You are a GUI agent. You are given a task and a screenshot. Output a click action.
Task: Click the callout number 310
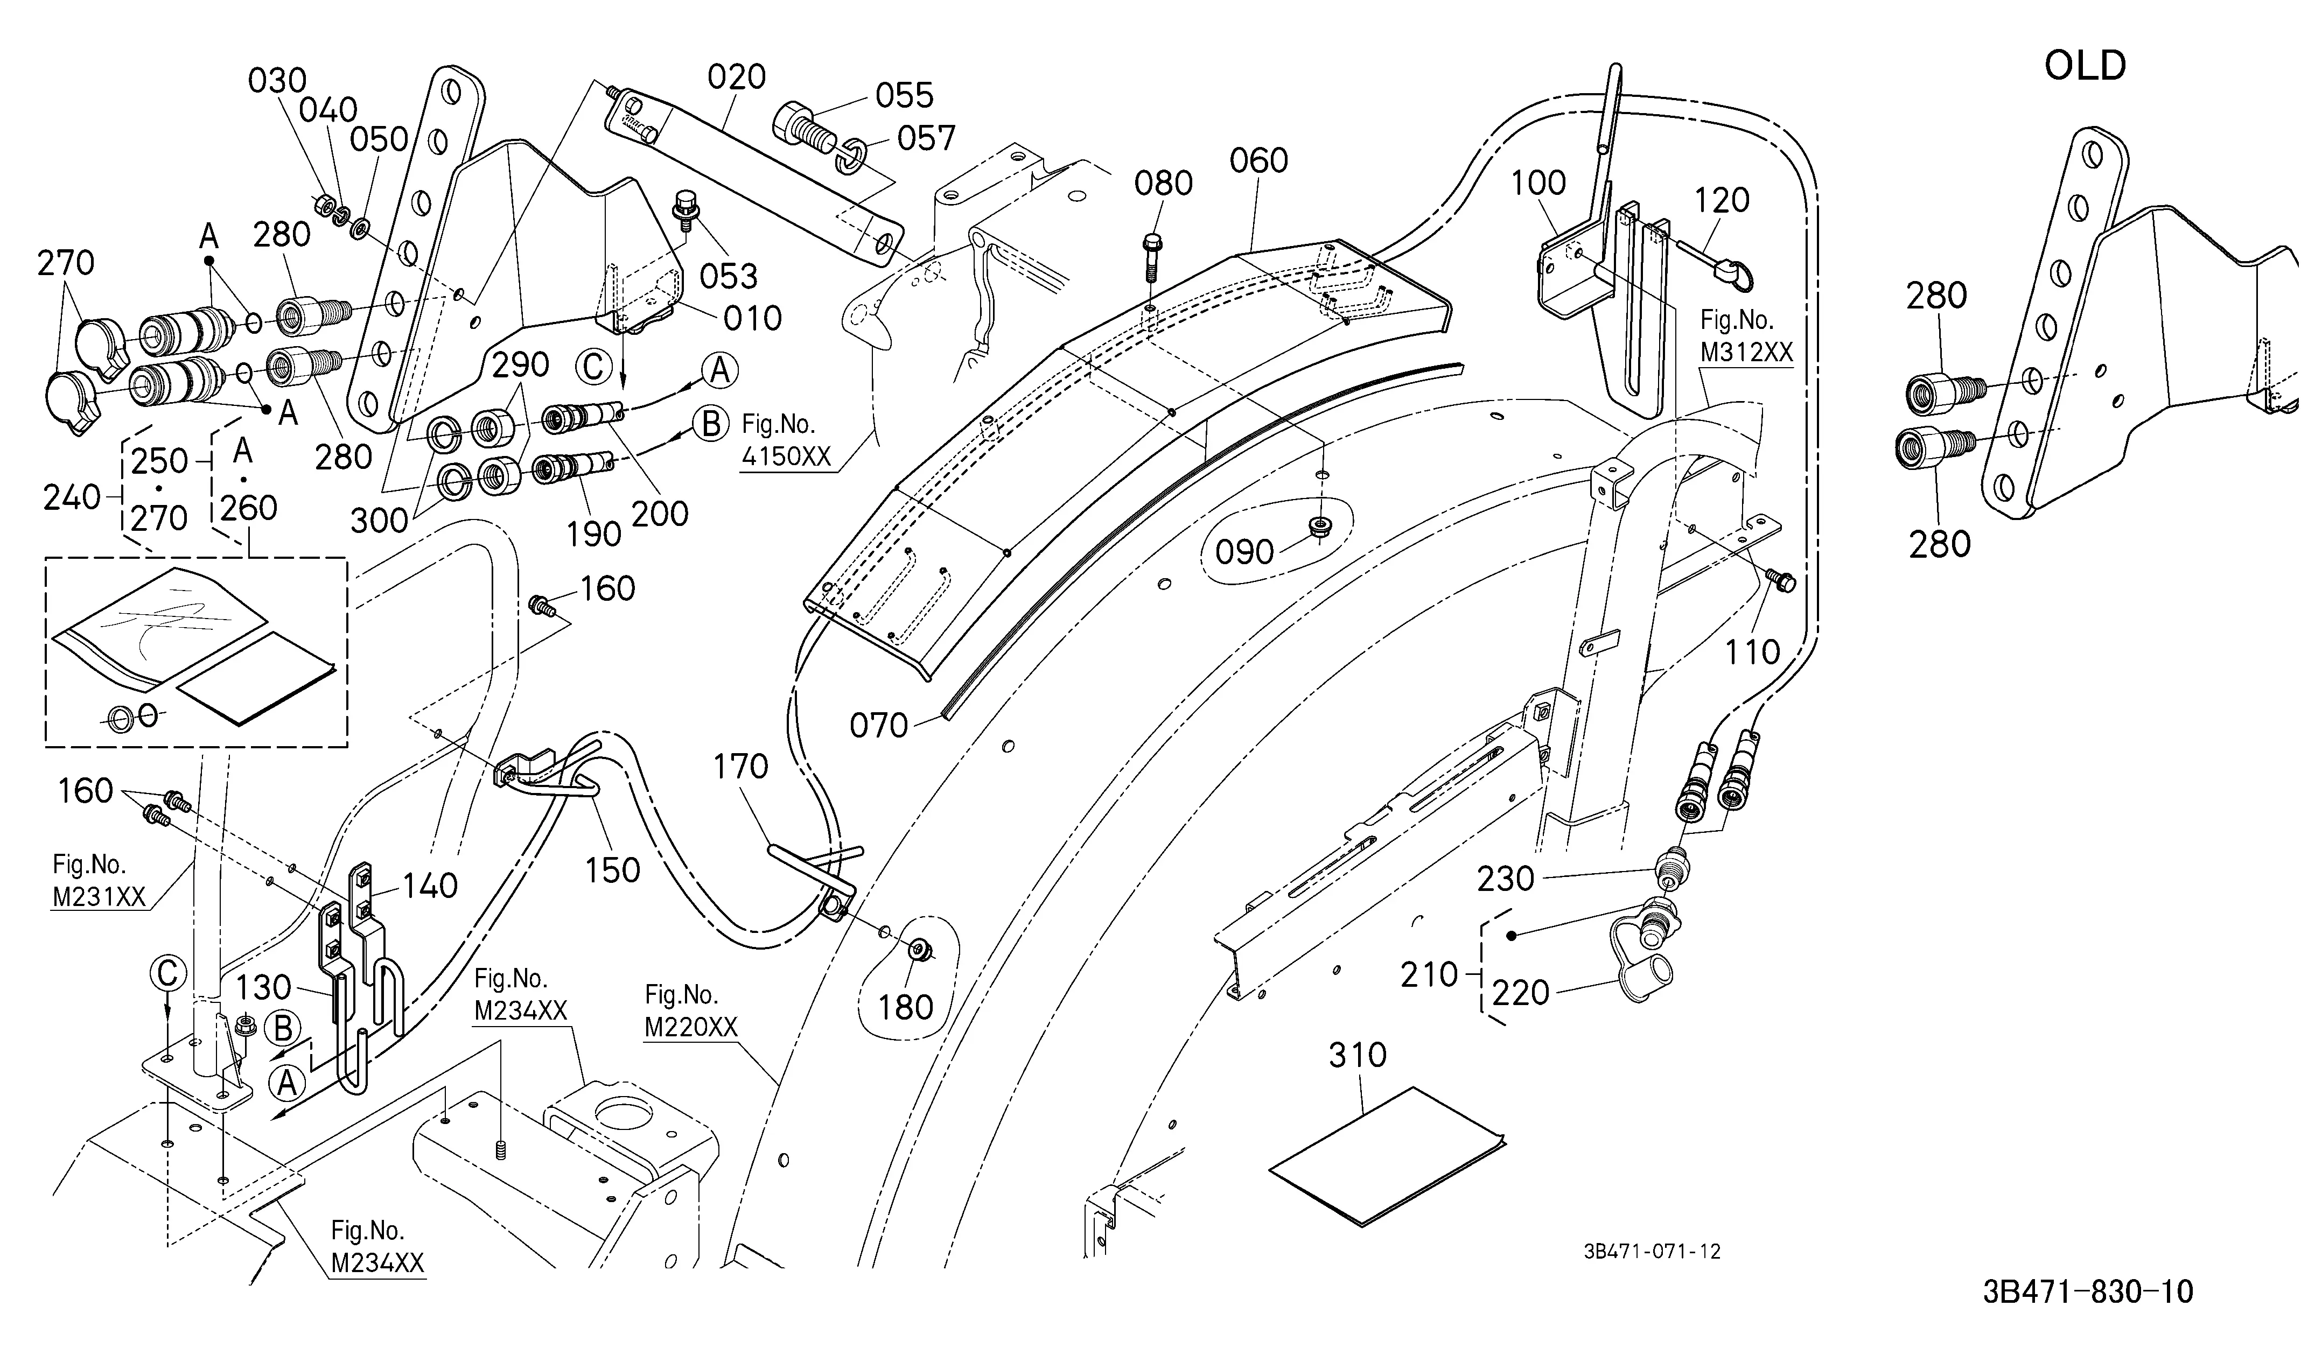(1357, 1055)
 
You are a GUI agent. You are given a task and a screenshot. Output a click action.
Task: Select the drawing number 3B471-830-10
(2087, 1292)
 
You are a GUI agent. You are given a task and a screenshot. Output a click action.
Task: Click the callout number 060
(1258, 161)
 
